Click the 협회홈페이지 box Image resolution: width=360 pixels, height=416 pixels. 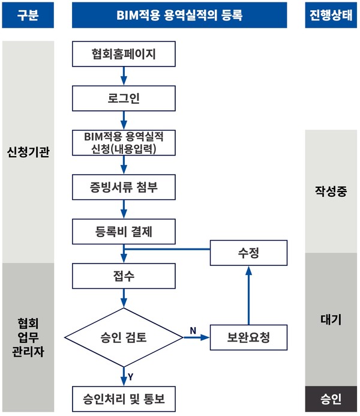point(124,55)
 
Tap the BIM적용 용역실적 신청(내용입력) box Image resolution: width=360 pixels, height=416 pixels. point(124,143)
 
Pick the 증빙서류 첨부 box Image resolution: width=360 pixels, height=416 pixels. point(124,187)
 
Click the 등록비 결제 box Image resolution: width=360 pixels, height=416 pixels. point(124,231)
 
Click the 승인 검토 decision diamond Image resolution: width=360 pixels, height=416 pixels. point(124,337)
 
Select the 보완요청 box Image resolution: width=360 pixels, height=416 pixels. point(248,337)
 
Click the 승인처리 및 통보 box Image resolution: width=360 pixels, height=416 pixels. point(124,398)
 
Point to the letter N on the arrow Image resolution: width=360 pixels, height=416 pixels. point(193,330)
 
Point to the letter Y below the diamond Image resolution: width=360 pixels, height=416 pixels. point(130,376)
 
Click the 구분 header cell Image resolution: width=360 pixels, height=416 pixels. point(28,15)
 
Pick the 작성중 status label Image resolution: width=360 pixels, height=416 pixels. point(331,191)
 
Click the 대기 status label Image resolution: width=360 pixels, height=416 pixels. point(331,320)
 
